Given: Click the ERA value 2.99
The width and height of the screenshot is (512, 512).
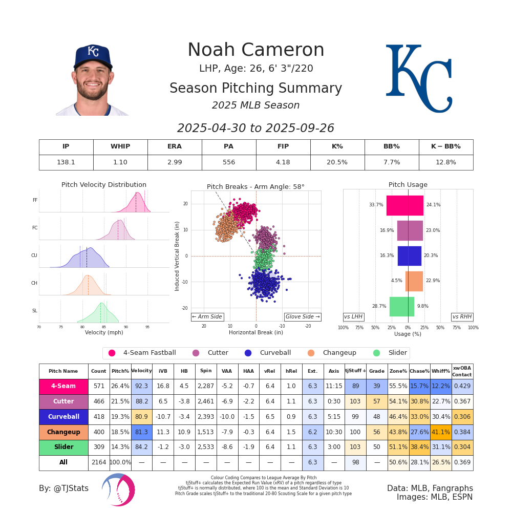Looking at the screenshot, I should (175, 162).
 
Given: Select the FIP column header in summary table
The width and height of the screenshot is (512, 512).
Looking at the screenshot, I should (283, 146).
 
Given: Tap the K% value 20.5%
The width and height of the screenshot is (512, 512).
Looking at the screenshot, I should (337, 162).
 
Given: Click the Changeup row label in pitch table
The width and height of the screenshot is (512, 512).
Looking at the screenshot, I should (63, 432).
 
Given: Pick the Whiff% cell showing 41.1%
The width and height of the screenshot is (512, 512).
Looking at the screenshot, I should (440, 432).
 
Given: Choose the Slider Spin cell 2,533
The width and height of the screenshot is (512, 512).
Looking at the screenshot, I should (206, 447).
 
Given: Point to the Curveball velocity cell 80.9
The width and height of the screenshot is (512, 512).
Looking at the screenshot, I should (141, 417).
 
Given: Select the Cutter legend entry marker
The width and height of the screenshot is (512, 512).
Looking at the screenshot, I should (196, 353).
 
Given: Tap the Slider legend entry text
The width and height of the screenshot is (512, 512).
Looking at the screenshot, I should (397, 353).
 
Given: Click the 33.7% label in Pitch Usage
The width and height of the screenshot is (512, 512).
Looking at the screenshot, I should (376, 205).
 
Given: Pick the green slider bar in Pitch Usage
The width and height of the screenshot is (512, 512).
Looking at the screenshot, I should (401, 306).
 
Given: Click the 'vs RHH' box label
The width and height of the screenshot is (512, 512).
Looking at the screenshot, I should (462, 317).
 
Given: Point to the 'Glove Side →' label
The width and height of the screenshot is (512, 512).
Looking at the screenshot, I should (303, 317).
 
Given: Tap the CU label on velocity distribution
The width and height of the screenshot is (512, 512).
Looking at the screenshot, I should (34, 255).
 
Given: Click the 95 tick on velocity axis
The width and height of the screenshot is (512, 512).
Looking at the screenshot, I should (147, 327).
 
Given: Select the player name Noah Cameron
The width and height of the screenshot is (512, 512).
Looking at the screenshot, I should (255, 50).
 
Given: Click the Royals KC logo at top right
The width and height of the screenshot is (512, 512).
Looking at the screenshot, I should (419, 78).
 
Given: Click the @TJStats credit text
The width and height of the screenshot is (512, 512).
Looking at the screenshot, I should (63, 488).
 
